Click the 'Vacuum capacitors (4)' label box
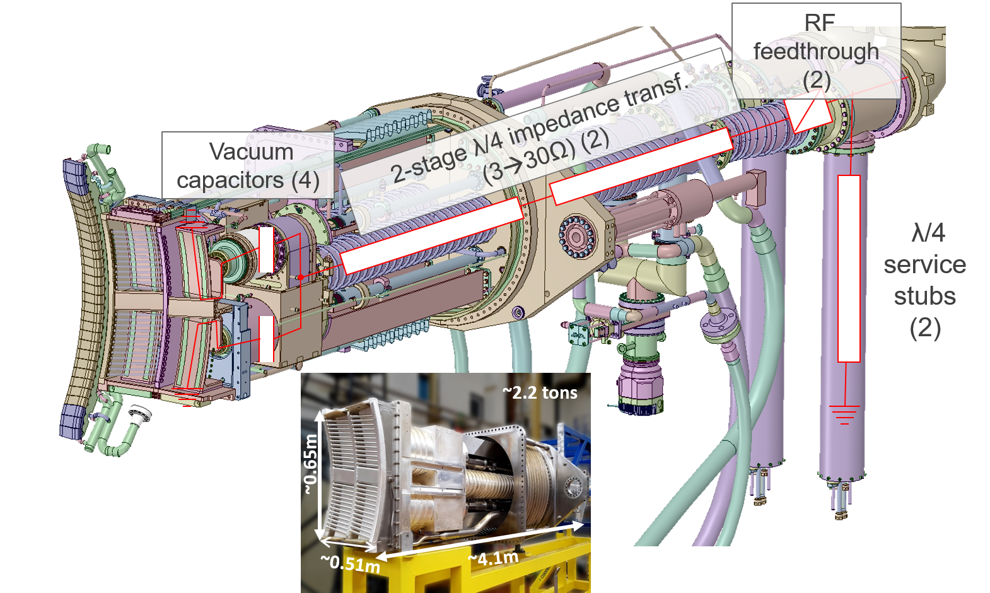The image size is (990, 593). click(248, 165)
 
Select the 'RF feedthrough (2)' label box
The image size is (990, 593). click(816, 51)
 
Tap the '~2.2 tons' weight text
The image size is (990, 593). click(540, 392)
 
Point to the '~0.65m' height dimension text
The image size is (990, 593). click(311, 464)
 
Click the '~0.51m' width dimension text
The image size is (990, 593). click(350, 563)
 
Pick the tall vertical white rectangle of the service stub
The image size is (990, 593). click(849, 268)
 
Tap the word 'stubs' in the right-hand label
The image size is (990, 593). click(924, 296)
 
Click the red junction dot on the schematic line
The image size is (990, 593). click(301, 278)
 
